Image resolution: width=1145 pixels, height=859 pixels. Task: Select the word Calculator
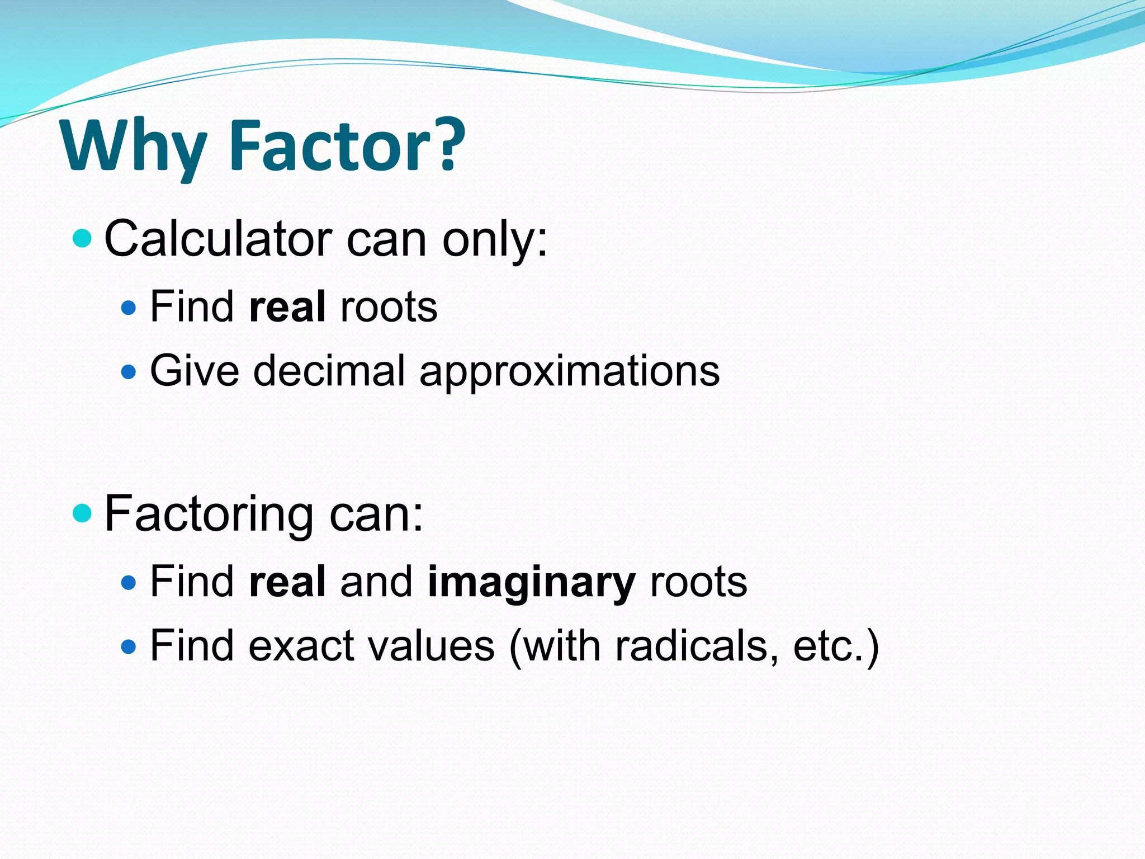218,239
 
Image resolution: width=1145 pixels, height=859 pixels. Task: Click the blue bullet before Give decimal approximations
129,371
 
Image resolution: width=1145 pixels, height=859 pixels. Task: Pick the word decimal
329,370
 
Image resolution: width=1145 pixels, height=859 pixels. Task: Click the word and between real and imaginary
376,582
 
